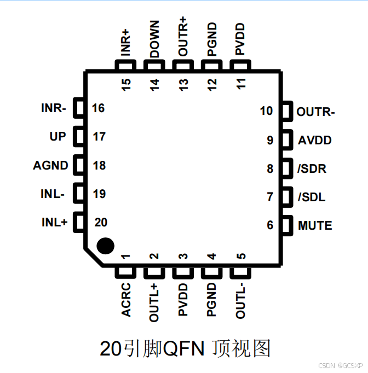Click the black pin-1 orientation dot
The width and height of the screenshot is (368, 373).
[x=105, y=246]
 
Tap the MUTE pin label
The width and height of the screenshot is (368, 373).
[x=315, y=225]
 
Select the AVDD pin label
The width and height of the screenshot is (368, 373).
[x=315, y=140]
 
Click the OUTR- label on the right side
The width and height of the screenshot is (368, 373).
[x=315, y=112]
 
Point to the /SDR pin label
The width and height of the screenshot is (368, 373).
[x=312, y=168]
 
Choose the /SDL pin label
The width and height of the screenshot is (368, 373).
[x=311, y=197]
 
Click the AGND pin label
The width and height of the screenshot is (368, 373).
[x=51, y=165]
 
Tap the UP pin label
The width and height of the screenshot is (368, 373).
[x=58, y=137]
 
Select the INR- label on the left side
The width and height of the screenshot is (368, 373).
[x=54, y=108]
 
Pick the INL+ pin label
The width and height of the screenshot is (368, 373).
[x=54, y=223]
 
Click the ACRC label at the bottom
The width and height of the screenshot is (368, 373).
[x=127, y=300]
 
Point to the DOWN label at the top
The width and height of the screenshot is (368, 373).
[x=154, y=39]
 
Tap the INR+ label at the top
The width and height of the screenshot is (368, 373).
[x=126, y=43]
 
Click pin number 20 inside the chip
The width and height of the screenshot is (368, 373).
[x=101, y=223]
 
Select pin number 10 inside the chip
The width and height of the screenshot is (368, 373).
[x=267, y=112]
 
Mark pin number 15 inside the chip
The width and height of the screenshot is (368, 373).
[x=127, y=84]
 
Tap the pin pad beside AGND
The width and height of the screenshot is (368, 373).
[x=79, y=165]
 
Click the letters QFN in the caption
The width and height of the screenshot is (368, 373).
[x=179, y=348]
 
